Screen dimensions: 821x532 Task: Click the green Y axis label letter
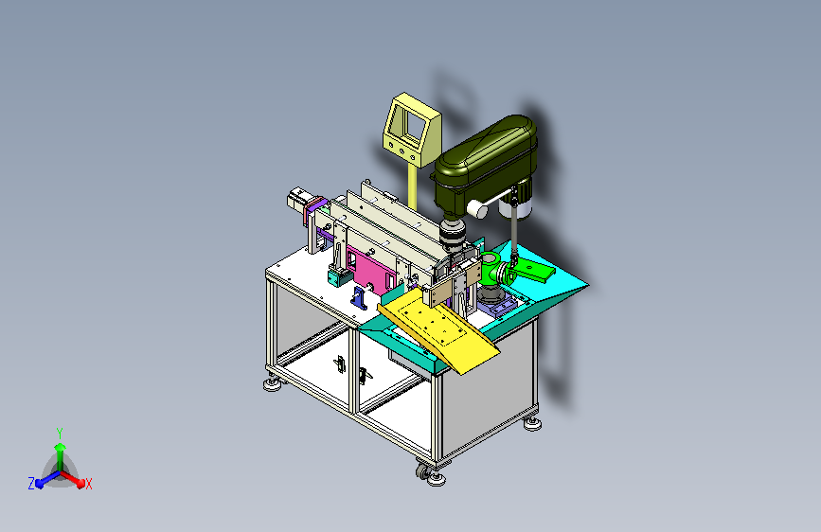tap(60, 434)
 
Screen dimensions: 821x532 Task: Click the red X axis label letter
tap(88, 485)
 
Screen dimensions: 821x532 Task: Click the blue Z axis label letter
tap(31, 484)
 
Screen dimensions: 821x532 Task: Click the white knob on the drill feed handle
tap(477, 209)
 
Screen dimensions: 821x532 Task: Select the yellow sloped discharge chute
tap(437, 329)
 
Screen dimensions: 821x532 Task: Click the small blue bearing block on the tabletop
tap(359, 298)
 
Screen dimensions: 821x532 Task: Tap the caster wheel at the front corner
tap(422, 470)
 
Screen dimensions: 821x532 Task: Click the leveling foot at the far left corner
tap(273, 385)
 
